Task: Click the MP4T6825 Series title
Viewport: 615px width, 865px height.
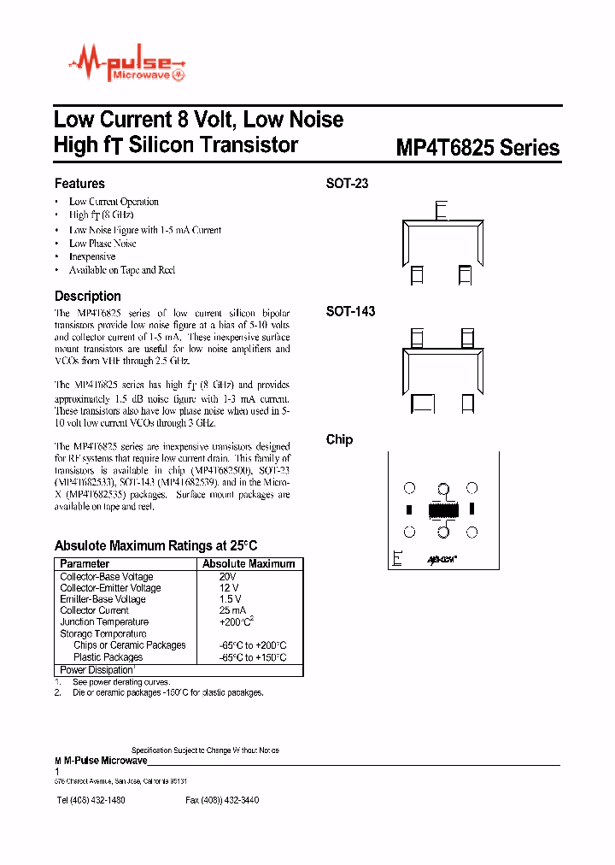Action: pyautogui.click(x=477, y=148)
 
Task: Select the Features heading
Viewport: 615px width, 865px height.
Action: pyautogui.click(x=79, y=184)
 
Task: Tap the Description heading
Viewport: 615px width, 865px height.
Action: pyautogui.click(x=88, y=296)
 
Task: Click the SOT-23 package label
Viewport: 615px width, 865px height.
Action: pyautogui.click(x=347, y=184)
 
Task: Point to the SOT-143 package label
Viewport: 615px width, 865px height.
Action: pyautogui.click(x=350, y=312)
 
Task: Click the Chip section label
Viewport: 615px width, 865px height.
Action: pyautogui.click(x=339, y=439)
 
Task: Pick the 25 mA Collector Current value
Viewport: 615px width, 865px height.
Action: pyautogui.click(x=232, y=610)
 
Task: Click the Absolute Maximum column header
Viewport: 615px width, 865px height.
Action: pyautogui.click(x=249, y=564)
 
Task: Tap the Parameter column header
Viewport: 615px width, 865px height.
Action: pyautogui.click(x=85, y=564)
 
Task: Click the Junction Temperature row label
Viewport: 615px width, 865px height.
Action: pyautogui.click(x=103, y=622)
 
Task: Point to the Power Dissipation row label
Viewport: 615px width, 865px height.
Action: pyautogui.click(x=97, y=670)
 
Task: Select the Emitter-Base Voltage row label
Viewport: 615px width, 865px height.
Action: pyautogui.click(x=102, y=599)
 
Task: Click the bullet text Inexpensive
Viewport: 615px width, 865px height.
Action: pyautogui.click(x=92, y=256)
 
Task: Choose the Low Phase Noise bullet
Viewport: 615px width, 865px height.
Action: pyautogui.click(x=102, y=244)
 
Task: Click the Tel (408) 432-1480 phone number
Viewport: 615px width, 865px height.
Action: pyautogui.click(x=91, y=800)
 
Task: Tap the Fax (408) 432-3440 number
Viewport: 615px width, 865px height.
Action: pyautogui.click(x=222, y=800)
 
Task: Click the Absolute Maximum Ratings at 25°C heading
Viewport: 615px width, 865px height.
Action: pyautogui.click(x=155, y=545)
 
